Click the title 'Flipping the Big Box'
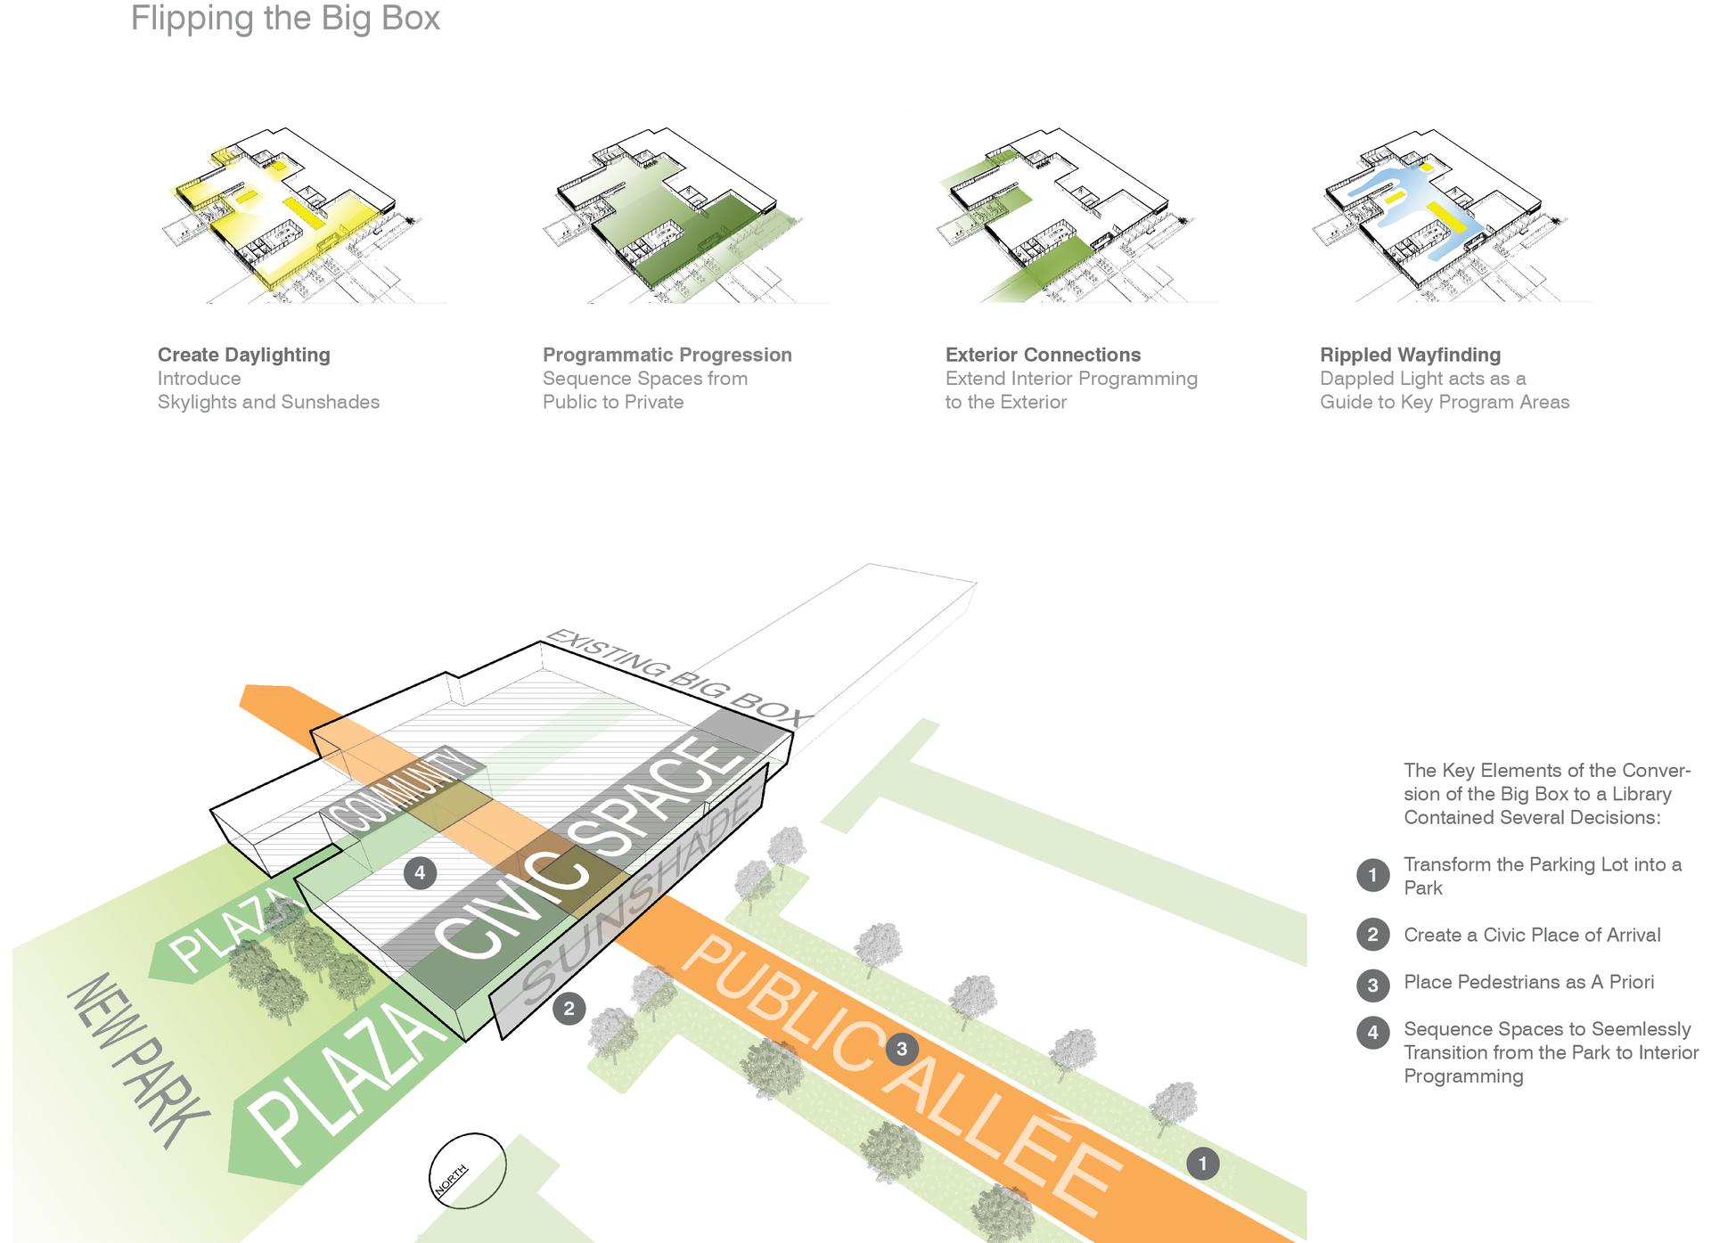point(285,18)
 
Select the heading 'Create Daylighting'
point(243,355)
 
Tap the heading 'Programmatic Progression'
point(667,355)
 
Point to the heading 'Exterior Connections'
point(1043,355)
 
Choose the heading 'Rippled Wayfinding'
point(1410,355)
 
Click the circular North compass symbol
point(468,1170)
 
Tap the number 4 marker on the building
point(420,872)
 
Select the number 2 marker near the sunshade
point(569,1010)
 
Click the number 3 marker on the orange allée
point(902,1049)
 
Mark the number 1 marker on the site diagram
point(1203,1163)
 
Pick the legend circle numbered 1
point(1372,875)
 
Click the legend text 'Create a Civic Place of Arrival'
point(1532,935)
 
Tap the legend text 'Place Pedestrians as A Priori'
point(1528,982)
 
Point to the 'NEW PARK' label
point(138,1060)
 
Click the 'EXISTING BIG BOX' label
point(677,677)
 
